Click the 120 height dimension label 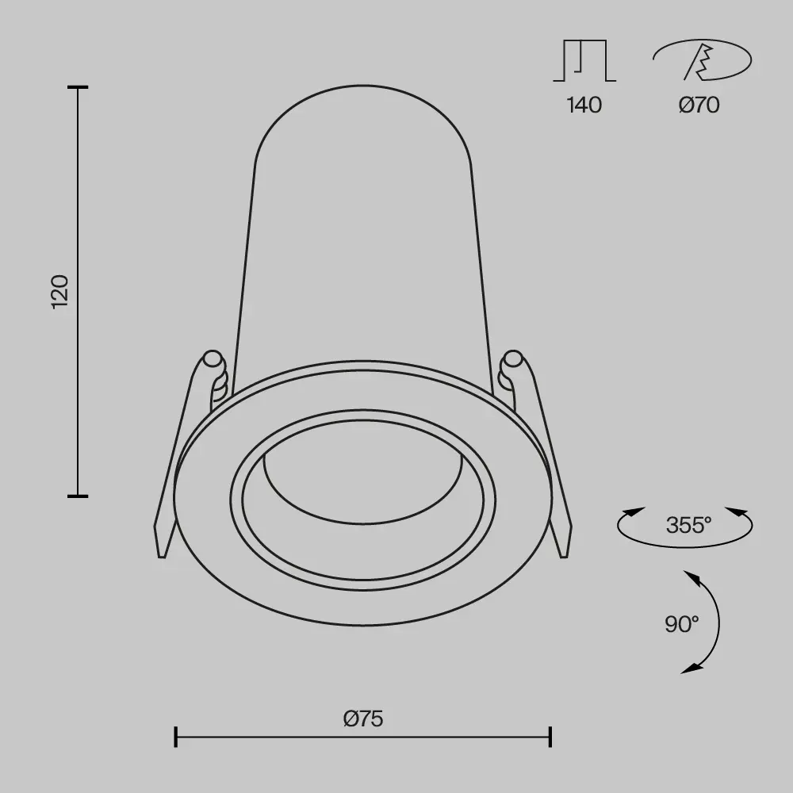[61, 291]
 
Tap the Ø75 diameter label [363, 718]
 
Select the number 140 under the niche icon [584, 105]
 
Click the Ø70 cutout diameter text [699, 105]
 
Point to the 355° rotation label [688, 524]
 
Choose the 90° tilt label [682, 623]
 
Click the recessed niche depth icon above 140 [584, 61]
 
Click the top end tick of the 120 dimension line [77, 87]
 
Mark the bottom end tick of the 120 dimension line [77, 496]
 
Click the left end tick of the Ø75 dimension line [175, 737]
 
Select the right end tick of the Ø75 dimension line [550, 737]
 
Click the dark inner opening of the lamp [363, 484]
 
